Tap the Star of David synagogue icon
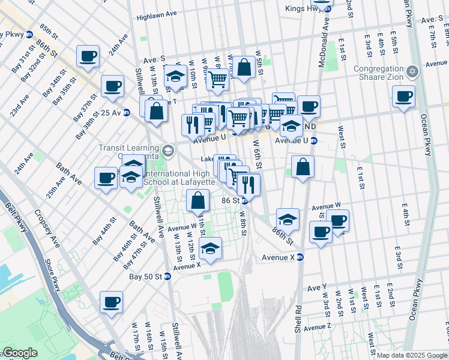coord(411,72)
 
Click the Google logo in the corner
coord(20,353)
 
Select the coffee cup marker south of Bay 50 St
coord(111,303)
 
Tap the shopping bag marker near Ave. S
coord(244,68)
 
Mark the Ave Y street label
coord(316,288)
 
